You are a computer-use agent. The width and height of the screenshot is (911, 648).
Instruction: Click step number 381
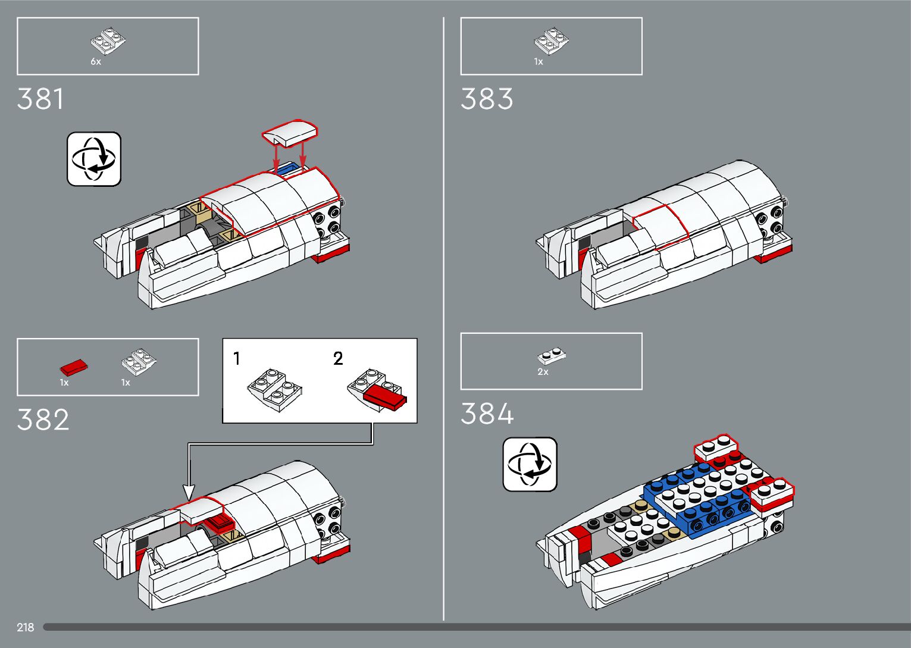point(40,99)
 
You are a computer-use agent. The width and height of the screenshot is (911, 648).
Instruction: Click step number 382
point(43,420)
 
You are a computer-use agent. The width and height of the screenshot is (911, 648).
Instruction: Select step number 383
point(487,99)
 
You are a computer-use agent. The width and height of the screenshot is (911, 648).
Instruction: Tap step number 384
point(487,414)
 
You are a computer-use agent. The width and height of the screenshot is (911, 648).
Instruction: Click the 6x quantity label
point(96,62)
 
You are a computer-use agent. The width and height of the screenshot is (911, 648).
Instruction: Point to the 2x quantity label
point(543,372)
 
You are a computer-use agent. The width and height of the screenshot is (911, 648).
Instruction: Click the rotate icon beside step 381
point(94,159)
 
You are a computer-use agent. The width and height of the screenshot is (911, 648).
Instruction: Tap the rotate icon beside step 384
point(530,464)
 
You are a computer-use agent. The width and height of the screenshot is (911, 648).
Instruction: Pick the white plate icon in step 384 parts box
point(552,356)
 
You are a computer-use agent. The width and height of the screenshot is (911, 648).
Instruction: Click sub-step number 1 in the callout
point(237,359)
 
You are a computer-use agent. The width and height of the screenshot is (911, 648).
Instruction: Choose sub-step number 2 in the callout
point(338,359)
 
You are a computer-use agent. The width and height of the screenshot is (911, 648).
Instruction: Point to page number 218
point(26,627)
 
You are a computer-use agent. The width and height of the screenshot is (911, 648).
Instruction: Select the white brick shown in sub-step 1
point(274,390)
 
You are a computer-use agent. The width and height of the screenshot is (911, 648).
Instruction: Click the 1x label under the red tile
point(64,383)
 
